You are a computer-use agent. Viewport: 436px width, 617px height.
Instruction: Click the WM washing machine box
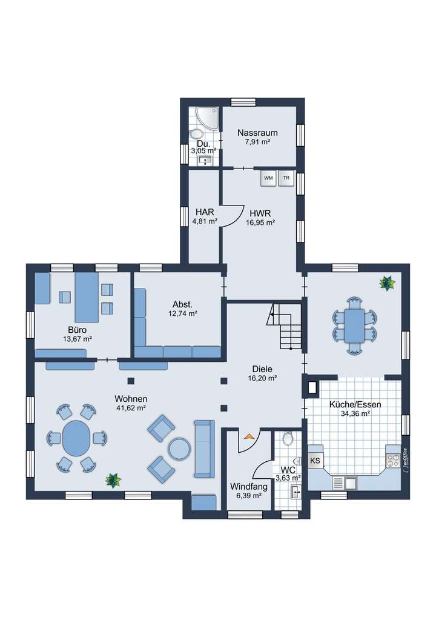point(268,178)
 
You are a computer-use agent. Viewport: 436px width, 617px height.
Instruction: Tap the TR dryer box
point(286,178)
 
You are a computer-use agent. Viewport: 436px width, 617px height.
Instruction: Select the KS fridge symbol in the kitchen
point(315,461)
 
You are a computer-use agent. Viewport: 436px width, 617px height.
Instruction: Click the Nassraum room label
point(257,133)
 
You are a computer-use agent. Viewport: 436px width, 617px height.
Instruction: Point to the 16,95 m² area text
point(260,222)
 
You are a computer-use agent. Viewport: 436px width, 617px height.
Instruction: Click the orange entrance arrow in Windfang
point(249,435)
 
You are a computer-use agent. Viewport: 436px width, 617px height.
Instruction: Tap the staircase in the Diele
point(286,327)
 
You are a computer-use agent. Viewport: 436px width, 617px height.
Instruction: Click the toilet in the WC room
point(288,438)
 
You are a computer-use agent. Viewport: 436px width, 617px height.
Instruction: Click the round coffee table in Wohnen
point(180,449)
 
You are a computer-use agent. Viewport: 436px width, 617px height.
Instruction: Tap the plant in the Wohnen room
point(112,481)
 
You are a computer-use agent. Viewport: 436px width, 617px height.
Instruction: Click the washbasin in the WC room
point(296,491)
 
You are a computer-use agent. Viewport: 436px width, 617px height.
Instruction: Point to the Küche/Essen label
point(355,404)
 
